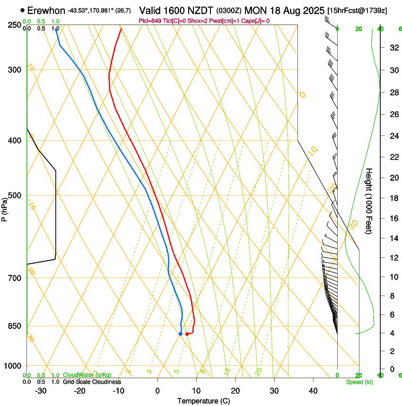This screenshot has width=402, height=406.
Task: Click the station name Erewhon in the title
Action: pyautogui.click(x=47, y=10)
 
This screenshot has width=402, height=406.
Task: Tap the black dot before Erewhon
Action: pyautogui.click(x=23, y=10)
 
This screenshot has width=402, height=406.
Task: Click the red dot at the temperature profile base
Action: pyautogui.click(x=187, y=334)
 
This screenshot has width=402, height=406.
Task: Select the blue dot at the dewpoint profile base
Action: pyautogui.click(x=181, y=334)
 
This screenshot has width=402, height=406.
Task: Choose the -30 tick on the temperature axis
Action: pyautogui.click(x=41, y=391)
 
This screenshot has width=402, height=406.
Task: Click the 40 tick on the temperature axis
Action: pyautogui.click(x=313, y=391)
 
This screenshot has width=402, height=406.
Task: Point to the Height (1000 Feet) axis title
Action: pyautogui.click(x=369, y=201)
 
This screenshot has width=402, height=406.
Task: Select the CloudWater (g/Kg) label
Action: pyautogui.click(x=87, y=375)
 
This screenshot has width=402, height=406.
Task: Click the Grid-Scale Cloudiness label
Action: pyautogui.click(x=92, y=381)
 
